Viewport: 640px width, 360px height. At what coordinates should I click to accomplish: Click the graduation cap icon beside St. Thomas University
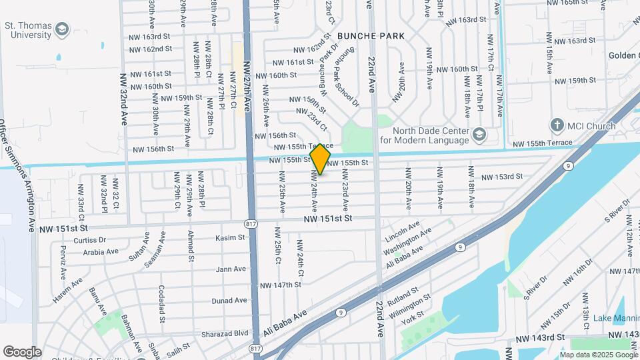(x=62, y=29)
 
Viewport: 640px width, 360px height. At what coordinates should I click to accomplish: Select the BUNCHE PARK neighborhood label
(x=371, y=35)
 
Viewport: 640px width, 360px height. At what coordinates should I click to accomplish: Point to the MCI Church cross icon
(x=557, y=125)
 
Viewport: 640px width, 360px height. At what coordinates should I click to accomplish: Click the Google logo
(x=22, y=351)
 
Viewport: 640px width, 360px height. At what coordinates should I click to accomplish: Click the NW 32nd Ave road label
(x=124, y=100)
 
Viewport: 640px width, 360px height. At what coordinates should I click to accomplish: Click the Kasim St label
(x=231, y=238)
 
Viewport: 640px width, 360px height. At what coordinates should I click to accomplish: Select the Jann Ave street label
(x=231, y=269)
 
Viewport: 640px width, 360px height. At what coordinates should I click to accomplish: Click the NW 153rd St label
(x=502, y=177)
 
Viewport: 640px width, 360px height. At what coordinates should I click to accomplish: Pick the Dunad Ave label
(x=230, y=301)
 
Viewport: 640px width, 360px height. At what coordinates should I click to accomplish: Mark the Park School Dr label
(x=346, y=87)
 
